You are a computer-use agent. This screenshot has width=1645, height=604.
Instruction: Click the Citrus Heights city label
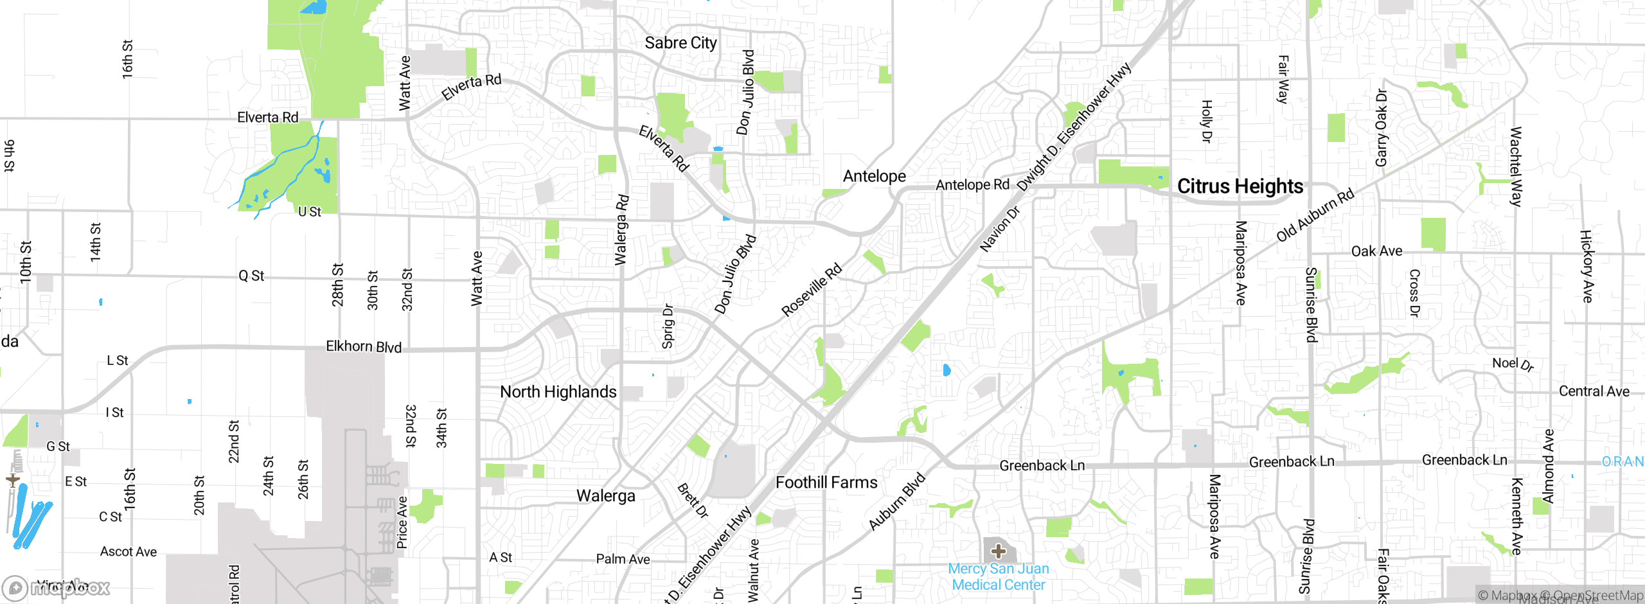[1240, 186]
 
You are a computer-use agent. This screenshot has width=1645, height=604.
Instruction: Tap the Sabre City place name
[680, 43]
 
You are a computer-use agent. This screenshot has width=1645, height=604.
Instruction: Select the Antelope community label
[874, 176]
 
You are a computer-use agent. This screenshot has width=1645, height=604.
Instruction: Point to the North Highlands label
[558, 392]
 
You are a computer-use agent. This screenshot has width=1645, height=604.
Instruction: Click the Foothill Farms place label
[826, 483]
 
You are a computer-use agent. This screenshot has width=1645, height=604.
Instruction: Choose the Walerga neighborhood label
[605, 496]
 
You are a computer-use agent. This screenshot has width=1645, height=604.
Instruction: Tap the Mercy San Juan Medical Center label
[999, 577]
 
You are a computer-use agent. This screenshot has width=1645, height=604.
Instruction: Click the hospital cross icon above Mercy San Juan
[998, 551]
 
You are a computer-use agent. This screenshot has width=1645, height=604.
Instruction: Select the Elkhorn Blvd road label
[364, 347]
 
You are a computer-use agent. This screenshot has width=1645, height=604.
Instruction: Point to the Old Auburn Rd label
[1315, 215]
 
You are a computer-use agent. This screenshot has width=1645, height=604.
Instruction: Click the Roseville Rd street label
[811, 290]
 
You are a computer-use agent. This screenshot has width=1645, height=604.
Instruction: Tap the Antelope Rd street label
[972, 185]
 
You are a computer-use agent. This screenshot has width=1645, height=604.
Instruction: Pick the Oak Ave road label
[1376, 251]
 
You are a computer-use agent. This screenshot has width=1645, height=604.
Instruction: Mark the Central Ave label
[1594, 391]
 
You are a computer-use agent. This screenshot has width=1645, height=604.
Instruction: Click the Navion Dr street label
[999, 229]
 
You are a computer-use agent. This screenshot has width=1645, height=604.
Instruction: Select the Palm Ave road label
[623, 559]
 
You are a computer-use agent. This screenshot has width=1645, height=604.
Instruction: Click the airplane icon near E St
[12, 480]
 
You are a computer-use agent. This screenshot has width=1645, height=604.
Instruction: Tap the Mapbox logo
[57, 588]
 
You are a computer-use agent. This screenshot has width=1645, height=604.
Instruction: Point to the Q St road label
[251, 276]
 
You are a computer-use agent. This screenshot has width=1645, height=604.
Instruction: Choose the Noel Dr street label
[1513, 364]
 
